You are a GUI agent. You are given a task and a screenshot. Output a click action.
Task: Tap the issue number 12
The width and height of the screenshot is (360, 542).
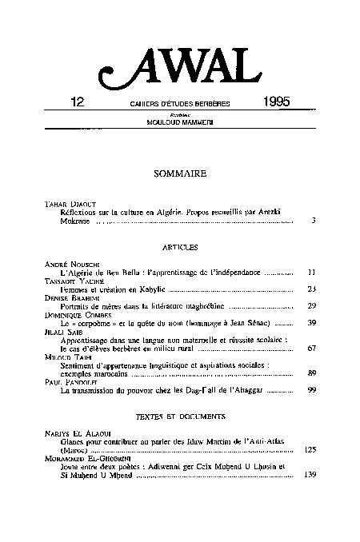pos(78,103)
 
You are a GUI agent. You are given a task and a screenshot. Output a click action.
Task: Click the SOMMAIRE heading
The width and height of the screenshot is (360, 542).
pos(179,172)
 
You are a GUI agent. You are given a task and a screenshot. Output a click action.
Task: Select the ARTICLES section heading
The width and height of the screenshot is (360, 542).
pos(179,248)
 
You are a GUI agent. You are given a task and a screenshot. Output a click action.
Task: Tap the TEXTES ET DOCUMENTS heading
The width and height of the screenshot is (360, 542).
pos(179,416)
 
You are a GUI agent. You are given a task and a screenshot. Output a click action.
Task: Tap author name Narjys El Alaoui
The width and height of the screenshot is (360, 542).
pos(72,432)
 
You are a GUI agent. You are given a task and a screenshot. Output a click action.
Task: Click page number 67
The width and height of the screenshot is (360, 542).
pos(313,349)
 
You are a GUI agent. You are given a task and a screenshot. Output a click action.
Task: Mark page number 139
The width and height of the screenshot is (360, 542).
pos(311,474)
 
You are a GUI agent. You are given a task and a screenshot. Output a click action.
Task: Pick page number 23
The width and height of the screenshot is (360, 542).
pos(313,289)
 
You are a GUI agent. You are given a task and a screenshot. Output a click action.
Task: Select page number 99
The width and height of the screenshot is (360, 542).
pos(313,391)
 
